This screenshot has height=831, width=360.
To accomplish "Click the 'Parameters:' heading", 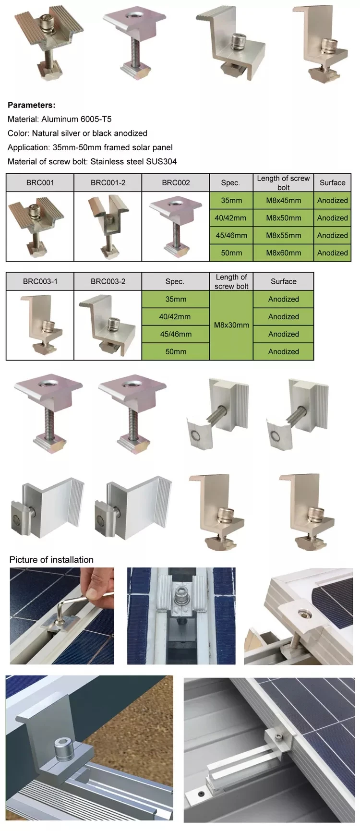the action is [32, 105].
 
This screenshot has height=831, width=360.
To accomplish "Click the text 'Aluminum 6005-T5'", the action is [76, 119].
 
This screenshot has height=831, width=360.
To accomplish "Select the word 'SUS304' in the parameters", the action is [161, 161].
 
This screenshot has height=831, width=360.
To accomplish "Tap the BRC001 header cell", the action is [40, 182].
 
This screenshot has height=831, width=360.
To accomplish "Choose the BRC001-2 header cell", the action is [108, 182].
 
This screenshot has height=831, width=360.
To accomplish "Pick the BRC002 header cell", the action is [176, 182].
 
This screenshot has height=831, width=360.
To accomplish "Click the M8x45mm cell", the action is [284, 200].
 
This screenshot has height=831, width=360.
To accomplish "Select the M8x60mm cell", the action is [284, 253].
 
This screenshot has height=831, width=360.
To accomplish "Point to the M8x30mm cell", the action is [231, 325].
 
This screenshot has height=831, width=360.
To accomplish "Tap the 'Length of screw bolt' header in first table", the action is [284, 182].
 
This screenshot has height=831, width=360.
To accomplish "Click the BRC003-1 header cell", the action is [40, 281].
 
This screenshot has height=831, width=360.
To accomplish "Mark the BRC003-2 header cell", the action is [108, 281].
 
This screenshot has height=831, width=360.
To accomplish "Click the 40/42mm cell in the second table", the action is [176, 316].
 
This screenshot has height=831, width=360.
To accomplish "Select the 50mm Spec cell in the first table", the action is [231, 253].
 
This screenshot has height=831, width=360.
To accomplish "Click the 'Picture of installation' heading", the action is [51, 559].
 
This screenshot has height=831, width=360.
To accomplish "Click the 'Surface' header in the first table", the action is [332, 182].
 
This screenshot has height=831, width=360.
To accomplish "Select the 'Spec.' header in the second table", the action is [176, 281].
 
